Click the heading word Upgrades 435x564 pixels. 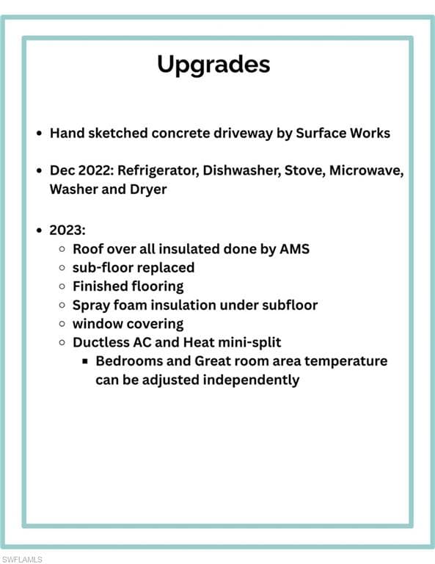[x=213, y=65]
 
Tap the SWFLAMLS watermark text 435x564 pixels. [x=22, y=560]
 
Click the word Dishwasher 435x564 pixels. [x=242, y=170]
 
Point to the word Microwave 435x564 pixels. [x=366, y=170]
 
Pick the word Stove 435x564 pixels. [x=305, y=170]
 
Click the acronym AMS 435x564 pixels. [x=295, y=249]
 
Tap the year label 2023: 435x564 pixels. [x=67, y=230]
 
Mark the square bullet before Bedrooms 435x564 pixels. [x=85, y=361]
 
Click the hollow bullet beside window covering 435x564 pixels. [x=62, y=324]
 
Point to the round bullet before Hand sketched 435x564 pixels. [x=40, y=134]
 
